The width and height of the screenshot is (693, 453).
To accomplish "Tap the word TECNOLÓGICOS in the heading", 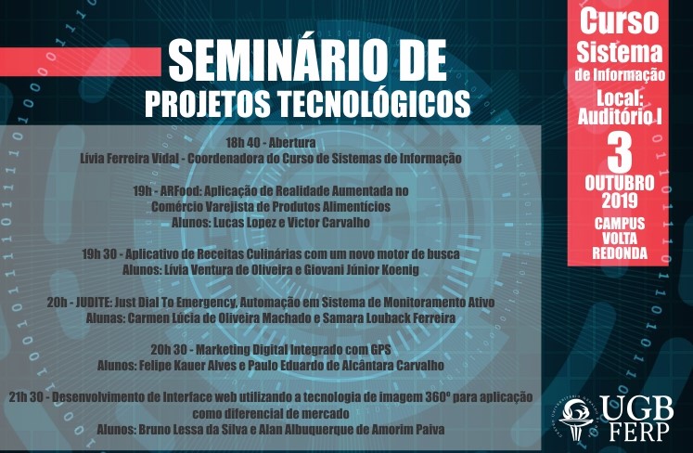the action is [375, 104].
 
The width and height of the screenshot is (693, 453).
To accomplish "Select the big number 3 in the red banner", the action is [620, 153].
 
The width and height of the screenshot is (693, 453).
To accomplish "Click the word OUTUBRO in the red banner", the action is [620, 183].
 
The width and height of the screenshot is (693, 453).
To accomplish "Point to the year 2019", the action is [620, 201].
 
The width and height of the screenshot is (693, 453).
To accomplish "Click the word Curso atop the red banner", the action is [620, 21].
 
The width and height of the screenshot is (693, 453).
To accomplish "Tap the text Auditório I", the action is [620, 116].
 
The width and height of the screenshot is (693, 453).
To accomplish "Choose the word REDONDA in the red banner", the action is [620, 253].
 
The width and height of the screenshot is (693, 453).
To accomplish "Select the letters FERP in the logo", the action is [639, 432].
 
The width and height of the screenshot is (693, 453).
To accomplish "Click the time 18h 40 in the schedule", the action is [244, 143].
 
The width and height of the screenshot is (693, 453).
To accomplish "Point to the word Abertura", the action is [292, 143].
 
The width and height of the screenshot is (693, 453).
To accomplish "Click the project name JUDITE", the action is [93, 302].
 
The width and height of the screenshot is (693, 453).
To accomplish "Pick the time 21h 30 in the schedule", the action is [26, 397].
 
